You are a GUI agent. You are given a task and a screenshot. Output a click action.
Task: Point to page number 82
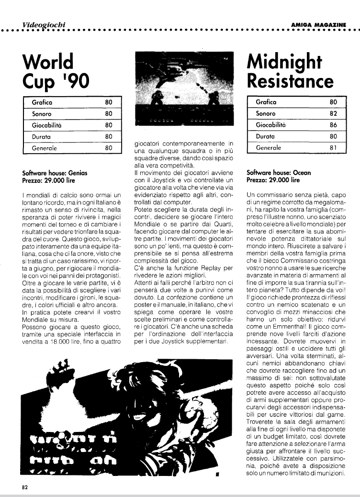(x=24, y=488)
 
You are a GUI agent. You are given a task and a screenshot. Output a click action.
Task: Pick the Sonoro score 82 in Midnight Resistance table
(x=334, y=114)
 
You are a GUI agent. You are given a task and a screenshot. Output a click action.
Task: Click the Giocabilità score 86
(x=334, y=125)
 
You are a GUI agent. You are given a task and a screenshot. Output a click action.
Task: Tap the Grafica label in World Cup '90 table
(x=42, y=102)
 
